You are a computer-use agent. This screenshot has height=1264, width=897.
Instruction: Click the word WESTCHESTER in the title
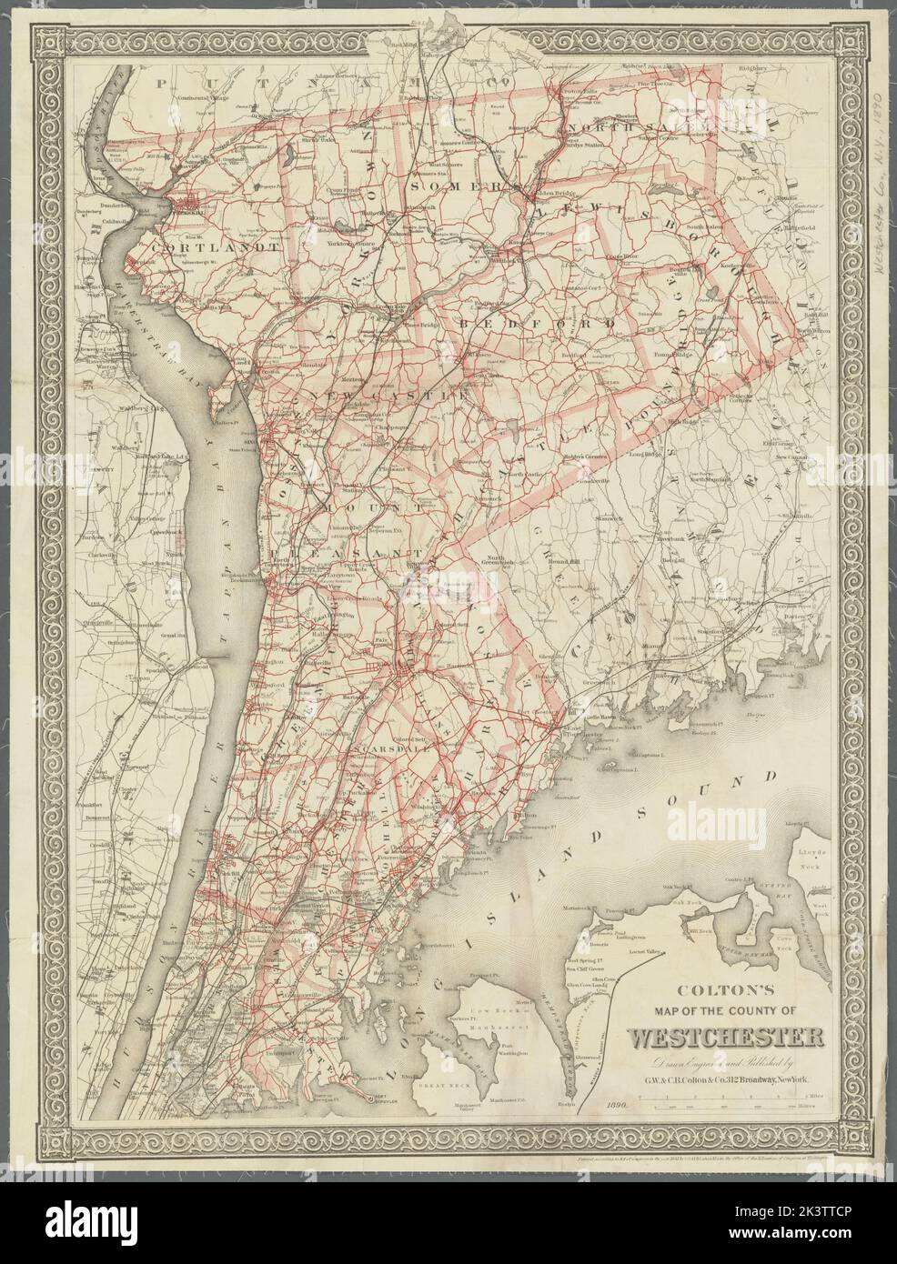click(x=727, y=1037)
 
